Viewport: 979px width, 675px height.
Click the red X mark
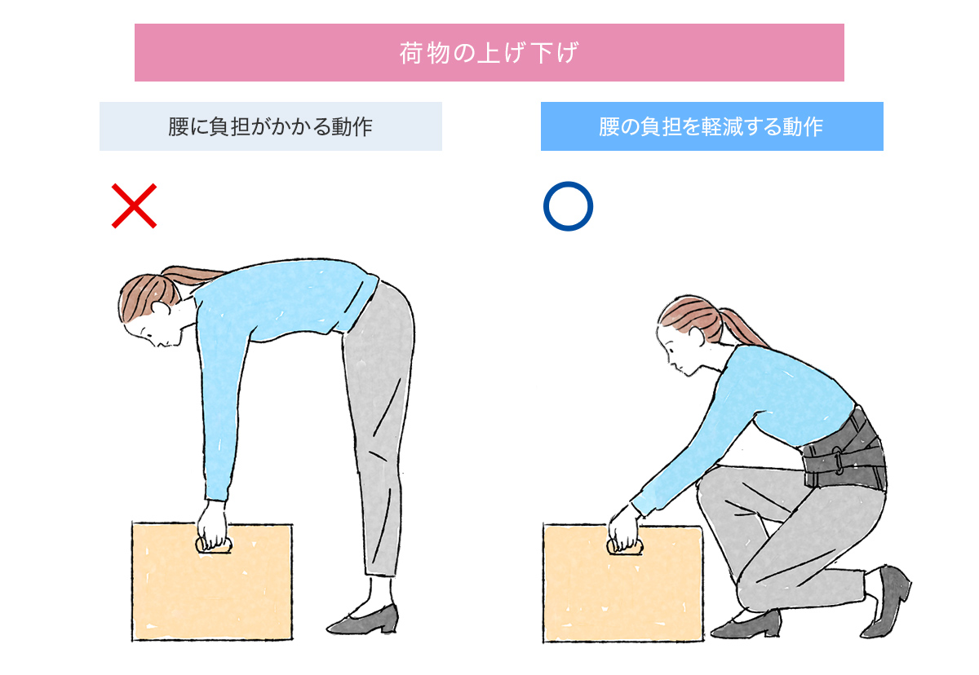[x=134, y=205]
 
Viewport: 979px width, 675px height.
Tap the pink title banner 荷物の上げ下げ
[x=489, y=52]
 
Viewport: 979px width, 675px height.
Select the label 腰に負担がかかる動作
[x=271, y=126]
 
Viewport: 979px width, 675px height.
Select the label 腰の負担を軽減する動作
[x=712, y=126]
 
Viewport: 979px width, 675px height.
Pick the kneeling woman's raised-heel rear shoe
[x=888, y=600]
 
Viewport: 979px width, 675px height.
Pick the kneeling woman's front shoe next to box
[x=746, y=625]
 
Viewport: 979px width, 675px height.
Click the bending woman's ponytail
[x=193, y=274]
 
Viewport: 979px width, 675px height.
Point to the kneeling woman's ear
[x=696, y=335]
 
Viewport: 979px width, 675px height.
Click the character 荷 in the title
[x=412, y=53]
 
